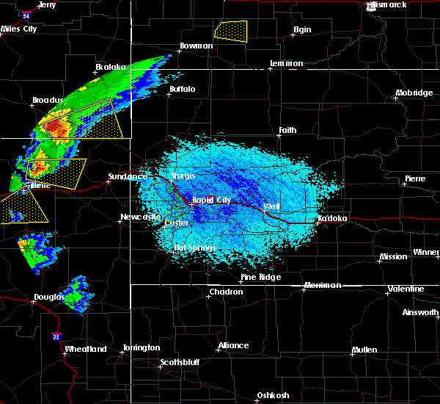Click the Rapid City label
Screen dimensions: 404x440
212,200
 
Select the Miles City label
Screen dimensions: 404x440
19,29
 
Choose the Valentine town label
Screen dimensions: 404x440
406,289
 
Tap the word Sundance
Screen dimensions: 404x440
126,176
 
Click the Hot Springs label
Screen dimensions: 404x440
194,248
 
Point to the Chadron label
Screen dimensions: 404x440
226,292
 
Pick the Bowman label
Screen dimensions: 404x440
196,46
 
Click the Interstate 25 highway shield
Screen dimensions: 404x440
56,336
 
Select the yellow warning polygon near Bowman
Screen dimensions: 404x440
231,30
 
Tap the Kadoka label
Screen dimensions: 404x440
332,219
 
